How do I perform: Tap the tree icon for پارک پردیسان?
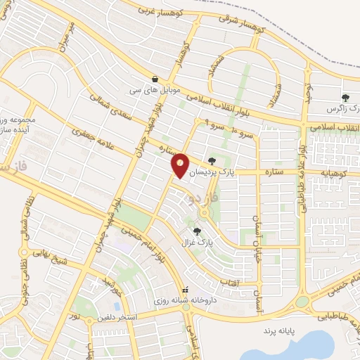tap(213, 161)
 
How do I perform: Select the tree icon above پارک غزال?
tap(197, 231)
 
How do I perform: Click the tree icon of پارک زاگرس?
tap(345, 98)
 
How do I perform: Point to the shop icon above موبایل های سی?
tap(154, 79)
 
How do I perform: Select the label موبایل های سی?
tap(154, 91)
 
